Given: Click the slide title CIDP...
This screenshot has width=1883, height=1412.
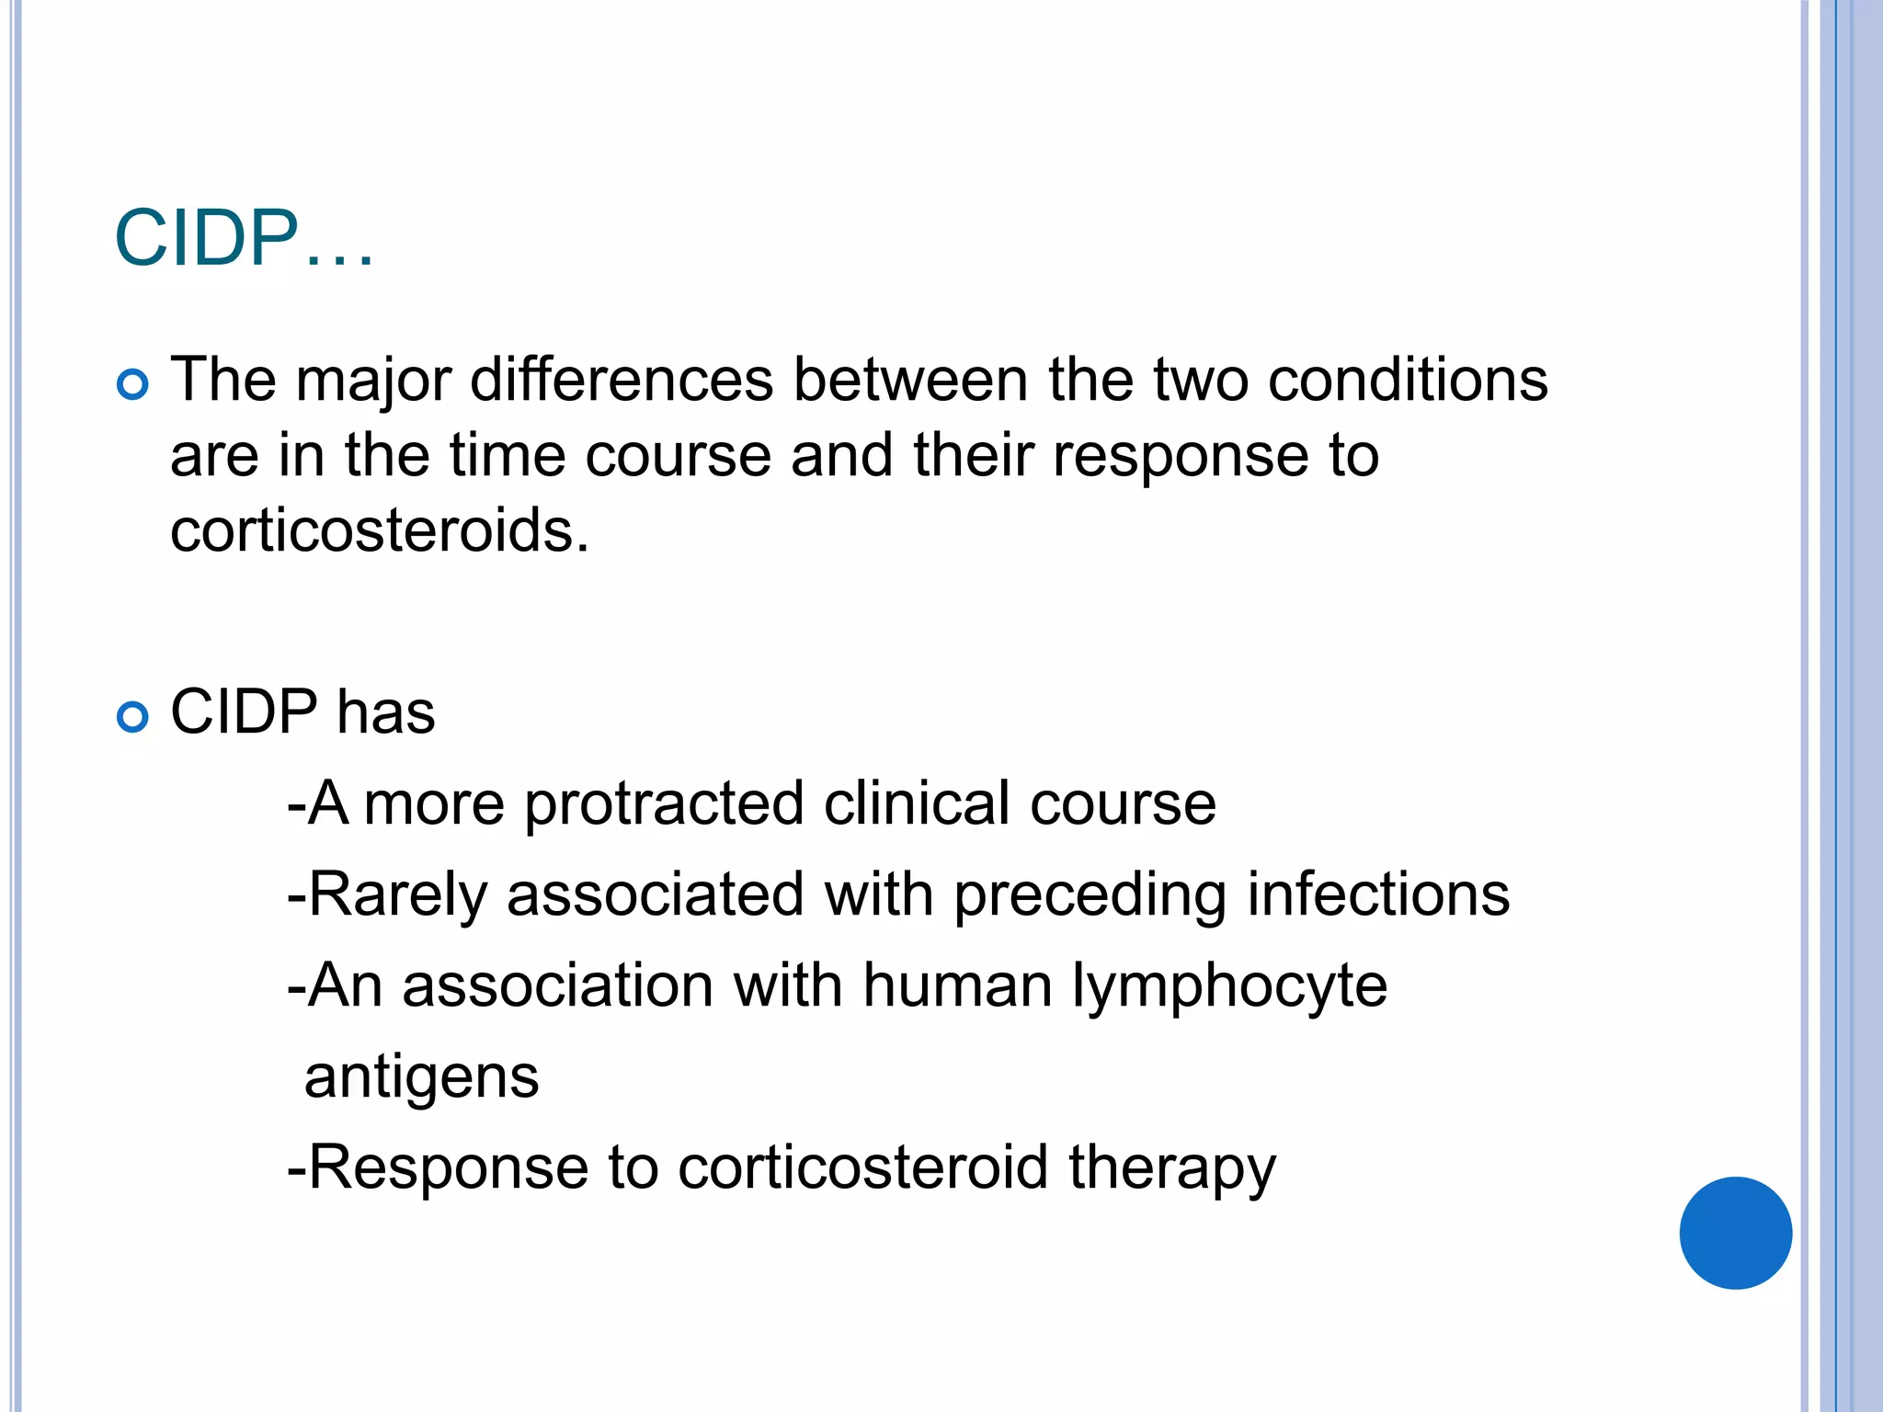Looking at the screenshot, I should (243, 239).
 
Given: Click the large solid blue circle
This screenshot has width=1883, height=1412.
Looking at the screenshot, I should (1735, 1233).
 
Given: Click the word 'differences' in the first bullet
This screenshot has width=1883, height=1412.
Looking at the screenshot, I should (622, 380).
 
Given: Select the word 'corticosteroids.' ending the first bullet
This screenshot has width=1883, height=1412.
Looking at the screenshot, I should (379, 530).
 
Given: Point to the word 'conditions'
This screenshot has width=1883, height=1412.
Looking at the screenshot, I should (1408, 380).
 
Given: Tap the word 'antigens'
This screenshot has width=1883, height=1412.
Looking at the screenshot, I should (421, 1077).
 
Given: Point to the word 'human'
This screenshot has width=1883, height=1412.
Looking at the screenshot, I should (957, 986).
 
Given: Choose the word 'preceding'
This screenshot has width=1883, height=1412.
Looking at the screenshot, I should (1090, 894).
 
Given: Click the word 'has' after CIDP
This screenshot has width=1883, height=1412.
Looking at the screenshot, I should (385, 712).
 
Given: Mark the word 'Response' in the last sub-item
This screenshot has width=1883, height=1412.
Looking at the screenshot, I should (448, 1168).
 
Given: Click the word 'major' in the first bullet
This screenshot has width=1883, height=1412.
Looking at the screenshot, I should (373, 380).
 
